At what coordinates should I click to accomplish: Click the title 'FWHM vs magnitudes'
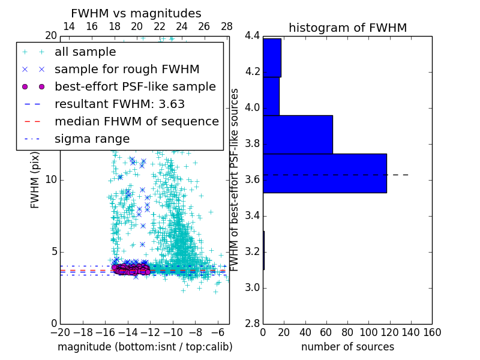click(x=136, y=14)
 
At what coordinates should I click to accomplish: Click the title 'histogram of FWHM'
click(x=347, y=28)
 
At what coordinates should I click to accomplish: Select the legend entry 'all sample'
click(x=85, y=52)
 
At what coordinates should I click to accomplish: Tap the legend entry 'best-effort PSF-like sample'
click(x=135, y=86)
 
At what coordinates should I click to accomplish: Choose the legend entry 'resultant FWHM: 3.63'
click(x=119, y=104)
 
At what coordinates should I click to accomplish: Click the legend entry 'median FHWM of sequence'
click(x=136, y=121)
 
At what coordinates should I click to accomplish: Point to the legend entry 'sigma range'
click(x=92, y=139)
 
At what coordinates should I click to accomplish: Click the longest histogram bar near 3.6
click(x=325, y=173)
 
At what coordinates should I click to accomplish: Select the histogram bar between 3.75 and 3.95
click(x=298, y=134)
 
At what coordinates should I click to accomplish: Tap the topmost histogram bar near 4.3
click(x=272, y=58)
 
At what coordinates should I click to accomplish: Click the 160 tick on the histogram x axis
click(x=431, y=331)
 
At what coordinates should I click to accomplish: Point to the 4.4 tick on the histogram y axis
click(x=252, y=36)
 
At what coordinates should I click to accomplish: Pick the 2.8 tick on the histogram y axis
click(x=252, y=323)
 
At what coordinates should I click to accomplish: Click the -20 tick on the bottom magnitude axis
click(x=60, y=331)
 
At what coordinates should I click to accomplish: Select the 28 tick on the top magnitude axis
click(x=227, y=26)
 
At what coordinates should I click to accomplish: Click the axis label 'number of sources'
click(x=347, y=347)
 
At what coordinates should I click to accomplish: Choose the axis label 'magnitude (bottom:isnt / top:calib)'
click(x=145, y=347)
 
